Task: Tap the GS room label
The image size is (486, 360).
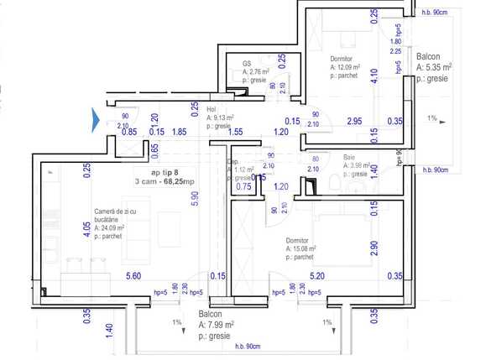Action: pos(247,63)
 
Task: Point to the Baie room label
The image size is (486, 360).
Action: pos(348,157)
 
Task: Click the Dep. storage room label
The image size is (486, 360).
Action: pos(234,160)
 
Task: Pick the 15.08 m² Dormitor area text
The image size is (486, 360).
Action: pos(300,249)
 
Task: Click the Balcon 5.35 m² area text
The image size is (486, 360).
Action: pos(434,67)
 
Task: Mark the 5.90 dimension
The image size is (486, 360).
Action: pos(195,199)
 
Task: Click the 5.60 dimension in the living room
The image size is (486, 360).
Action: pos(133,276)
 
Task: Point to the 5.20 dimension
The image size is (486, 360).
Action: pos(317,276)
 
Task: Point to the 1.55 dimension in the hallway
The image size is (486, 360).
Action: pos(236,132)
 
